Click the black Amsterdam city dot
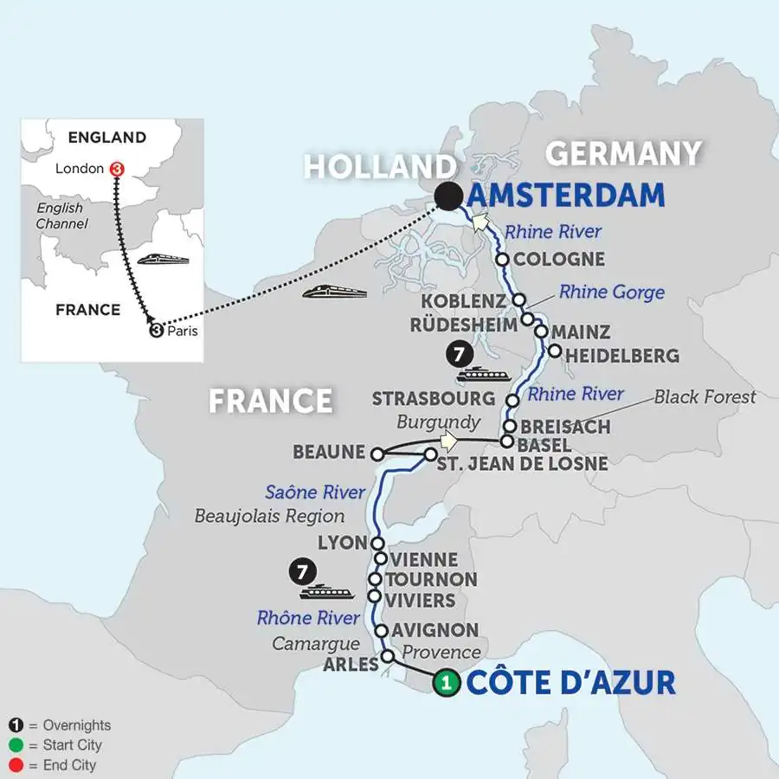448,197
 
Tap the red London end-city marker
117,169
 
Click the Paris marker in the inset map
157,330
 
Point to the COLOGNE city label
558,259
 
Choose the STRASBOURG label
434,399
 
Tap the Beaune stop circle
377,454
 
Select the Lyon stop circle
377,543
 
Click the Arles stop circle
388,657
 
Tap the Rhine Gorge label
611,292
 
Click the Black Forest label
705,396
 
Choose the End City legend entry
61,765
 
